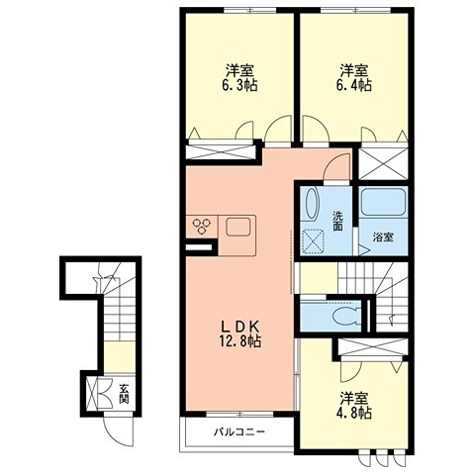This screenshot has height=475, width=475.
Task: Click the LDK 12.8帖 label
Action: (x=240, y=334)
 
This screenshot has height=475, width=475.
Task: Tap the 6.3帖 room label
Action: (x=239, y=78)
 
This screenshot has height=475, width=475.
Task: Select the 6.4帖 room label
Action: (x=353, y=78)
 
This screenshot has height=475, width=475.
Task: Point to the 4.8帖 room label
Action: (x=354, y=405)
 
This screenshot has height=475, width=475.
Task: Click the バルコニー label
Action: (x=239, y=431)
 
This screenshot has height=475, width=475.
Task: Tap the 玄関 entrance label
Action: (x=124, y=394)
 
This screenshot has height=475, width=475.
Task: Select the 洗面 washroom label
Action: (x=337, y=221)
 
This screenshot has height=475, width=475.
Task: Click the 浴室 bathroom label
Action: (x=382, y=237)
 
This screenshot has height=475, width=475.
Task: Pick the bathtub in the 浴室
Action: (x=383, y=202)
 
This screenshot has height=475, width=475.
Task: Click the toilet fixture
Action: (x=346, y=316)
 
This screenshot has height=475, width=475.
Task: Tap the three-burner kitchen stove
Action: (x=201, y=227)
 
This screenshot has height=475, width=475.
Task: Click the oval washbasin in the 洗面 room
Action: (x=312, y=204)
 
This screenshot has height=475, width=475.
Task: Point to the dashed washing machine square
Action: (x=312, y=241)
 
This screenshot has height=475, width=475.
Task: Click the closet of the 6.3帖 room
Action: (x=221, y=152)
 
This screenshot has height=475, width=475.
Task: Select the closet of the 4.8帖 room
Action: (x=373, y=346)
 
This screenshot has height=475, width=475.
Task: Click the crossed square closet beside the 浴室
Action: (x=383, y=164)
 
